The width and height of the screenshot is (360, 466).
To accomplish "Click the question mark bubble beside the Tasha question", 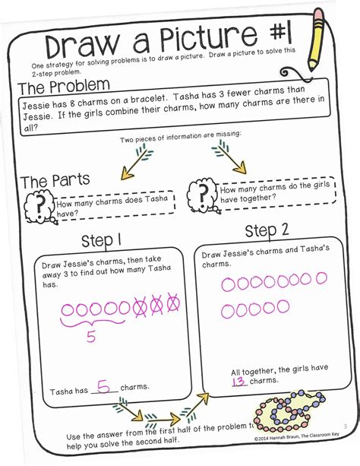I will tap(36, 204).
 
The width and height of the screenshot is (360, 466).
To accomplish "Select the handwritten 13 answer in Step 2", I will tap(239, 380).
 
